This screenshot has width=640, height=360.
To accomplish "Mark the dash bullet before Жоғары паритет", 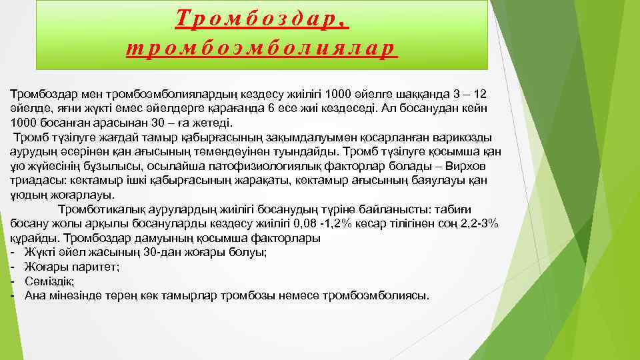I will click(13, 267).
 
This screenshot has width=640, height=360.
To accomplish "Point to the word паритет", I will click(99, 267).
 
